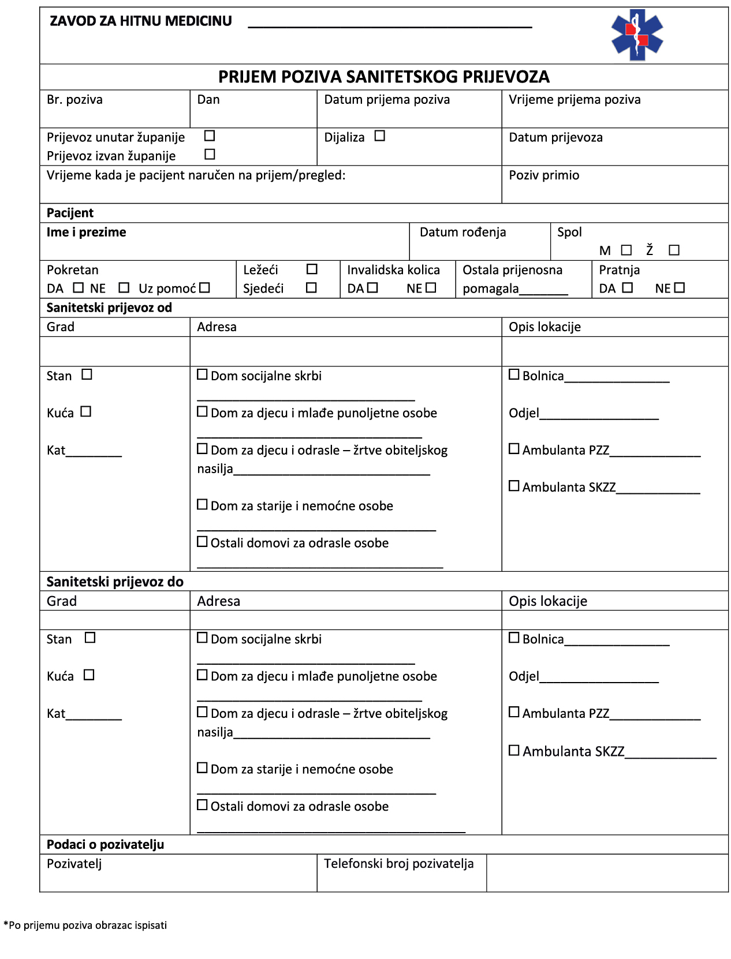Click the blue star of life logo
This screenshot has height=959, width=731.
637,35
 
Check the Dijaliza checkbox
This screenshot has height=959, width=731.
379,136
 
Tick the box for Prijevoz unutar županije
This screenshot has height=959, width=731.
210,136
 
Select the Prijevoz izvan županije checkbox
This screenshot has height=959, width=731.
210,154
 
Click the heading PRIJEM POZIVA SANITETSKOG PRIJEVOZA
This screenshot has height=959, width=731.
383,77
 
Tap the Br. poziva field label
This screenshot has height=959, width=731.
74,100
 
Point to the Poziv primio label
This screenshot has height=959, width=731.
543,175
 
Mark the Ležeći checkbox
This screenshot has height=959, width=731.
312,269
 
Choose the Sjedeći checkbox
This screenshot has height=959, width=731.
311,287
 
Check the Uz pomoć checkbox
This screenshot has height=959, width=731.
204,287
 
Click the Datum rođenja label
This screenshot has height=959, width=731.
463,232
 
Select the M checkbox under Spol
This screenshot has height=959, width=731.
626,250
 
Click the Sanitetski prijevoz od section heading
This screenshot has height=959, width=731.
109,308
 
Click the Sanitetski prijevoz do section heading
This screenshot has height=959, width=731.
115,582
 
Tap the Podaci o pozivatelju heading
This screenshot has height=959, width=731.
105,845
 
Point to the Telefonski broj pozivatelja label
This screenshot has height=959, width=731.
398,864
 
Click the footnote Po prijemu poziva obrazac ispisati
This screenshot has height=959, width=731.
85,926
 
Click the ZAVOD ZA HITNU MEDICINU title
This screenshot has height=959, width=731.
141,21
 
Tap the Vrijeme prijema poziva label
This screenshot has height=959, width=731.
575,100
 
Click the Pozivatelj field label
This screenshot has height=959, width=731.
74,864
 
